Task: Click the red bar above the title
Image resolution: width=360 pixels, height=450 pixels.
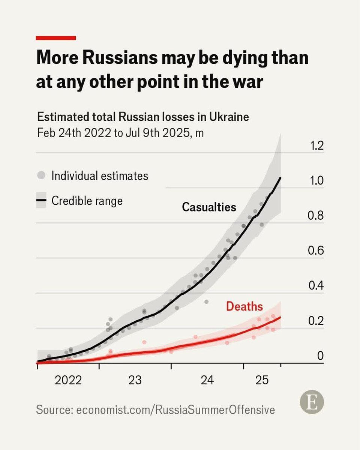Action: click(56, 38)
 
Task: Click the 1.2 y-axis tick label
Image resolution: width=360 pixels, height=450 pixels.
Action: click(315, 146)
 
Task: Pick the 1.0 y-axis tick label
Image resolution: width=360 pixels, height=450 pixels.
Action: click(315, 181)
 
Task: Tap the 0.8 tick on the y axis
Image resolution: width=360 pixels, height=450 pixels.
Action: click(315, 216)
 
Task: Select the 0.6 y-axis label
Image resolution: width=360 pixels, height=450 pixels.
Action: click(315, 251)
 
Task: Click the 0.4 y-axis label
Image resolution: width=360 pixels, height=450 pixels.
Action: click(315, 286)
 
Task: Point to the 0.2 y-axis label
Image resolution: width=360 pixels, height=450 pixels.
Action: click(315, 321)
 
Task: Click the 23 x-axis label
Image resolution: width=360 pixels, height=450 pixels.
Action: click(135, 381)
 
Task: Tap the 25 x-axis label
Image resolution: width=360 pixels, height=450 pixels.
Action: click(262, 381)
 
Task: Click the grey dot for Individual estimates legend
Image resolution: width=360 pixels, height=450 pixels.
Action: click(42, 175)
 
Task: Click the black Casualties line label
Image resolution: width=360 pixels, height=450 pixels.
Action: click(209, 207)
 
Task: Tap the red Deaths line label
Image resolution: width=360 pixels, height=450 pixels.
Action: click(244, 306)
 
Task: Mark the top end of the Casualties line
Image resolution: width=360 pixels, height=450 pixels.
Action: click(281, 177)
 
